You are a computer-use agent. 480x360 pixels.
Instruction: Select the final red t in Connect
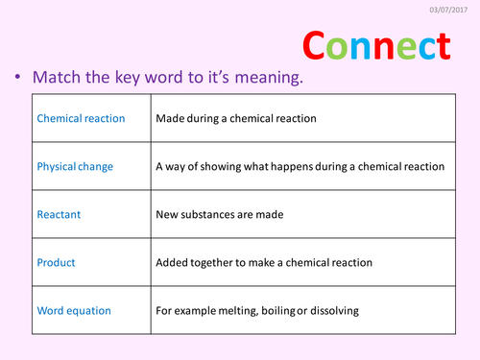(x=441, y=46)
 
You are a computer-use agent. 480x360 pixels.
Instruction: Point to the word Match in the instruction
(x=60, y=79)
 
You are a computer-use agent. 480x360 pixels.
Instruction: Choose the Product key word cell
(x=56, y=261)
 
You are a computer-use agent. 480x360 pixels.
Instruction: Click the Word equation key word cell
(x=74, y=310)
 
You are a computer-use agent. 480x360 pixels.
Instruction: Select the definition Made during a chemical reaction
(x=235, y=119)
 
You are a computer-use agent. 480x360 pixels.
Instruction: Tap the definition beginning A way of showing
(x=300, y=166)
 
